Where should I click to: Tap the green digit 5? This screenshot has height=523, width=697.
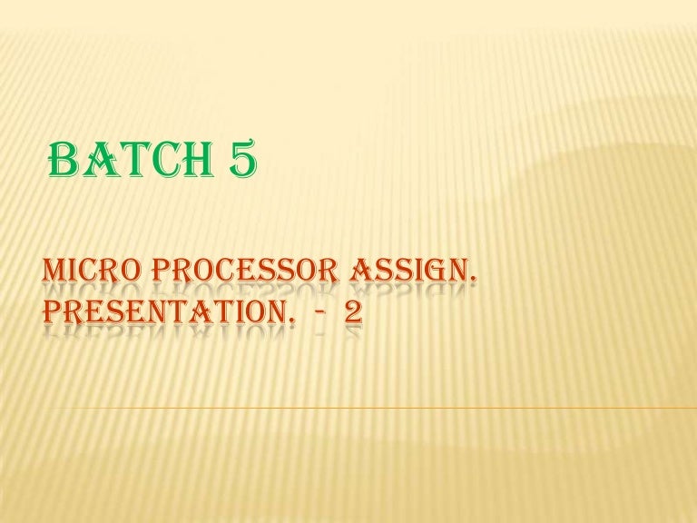point(238,163)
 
